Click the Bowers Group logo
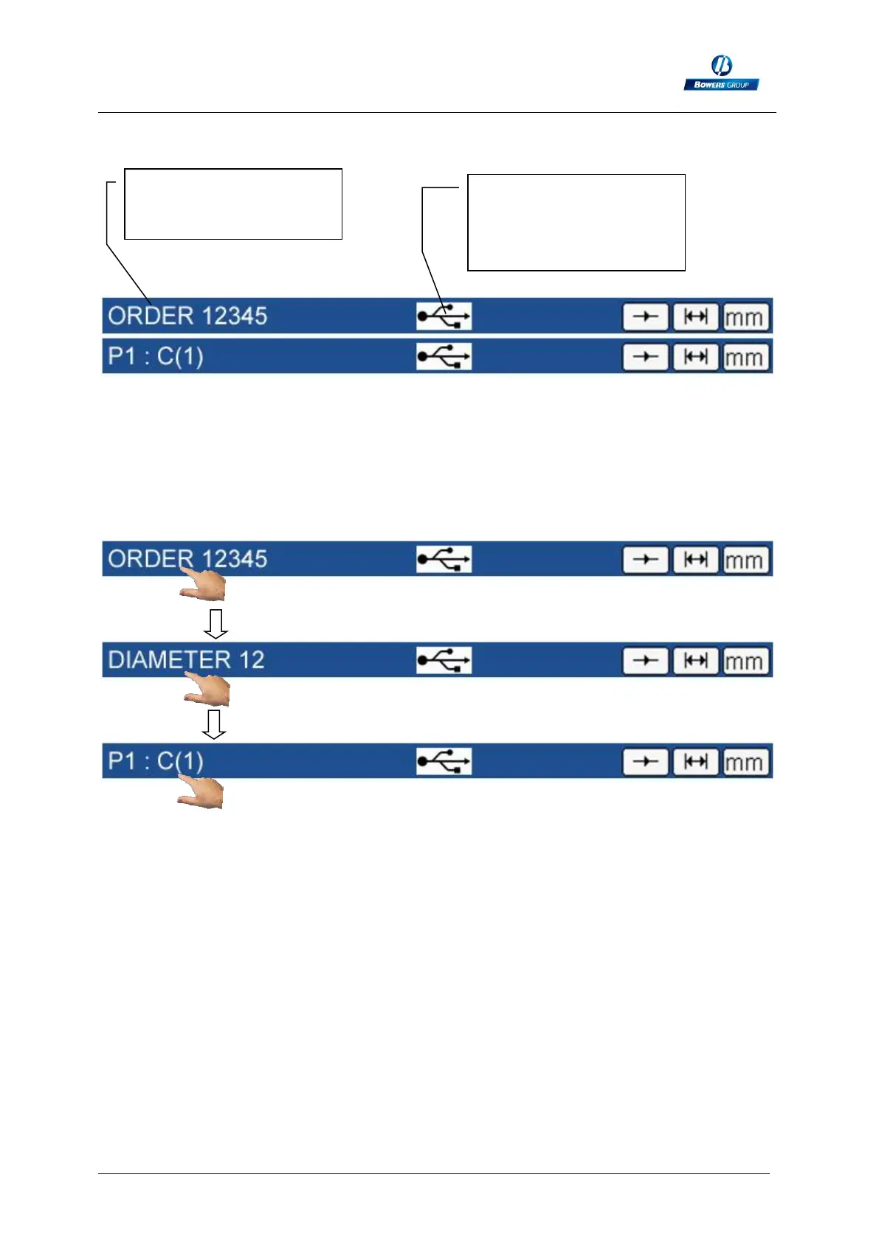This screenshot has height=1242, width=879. click(721, 73)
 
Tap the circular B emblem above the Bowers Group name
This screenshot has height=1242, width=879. click(721, 66)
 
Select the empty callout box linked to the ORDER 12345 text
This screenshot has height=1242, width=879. click(232, 204)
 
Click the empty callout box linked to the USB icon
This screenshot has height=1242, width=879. click(576, 222)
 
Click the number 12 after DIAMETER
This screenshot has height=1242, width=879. click(252, 659)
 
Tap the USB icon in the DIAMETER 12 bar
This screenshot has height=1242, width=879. click(444, 660)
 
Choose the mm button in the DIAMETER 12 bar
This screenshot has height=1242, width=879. click(745, 661)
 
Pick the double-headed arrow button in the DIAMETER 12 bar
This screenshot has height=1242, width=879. click(695, 661)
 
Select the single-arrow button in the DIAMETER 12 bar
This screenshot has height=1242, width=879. click(646, 661)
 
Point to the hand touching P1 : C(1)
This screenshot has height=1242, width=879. click(201, 794)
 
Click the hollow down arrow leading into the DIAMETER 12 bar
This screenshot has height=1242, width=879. click(216, 624)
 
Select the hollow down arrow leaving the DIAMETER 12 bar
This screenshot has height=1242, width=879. click(214, 724)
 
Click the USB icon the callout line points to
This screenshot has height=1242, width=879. click(444, 316)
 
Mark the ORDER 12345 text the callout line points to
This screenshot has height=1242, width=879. click(187, 316)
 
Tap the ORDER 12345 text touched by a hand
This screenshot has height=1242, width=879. click(187, 559)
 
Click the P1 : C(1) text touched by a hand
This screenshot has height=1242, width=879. click(156, 761)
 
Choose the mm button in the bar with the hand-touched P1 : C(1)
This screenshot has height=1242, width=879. click(745, 762)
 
